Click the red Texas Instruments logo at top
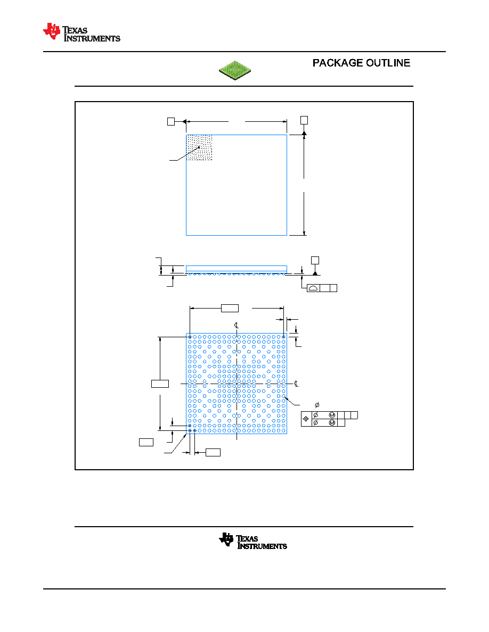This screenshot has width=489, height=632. [x=81, y=32]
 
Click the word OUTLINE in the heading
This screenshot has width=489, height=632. [x=388, y=63]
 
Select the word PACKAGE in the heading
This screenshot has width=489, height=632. [x=338, y=63]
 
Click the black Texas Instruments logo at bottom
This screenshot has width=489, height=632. [x=253, y=541]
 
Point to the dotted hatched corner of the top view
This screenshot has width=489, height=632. [x=199, y=147]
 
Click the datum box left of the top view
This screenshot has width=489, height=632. [x=171, y=121]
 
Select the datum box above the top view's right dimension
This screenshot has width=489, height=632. [x=304, y=120]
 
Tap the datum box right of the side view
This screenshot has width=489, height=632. [x=315, y=260]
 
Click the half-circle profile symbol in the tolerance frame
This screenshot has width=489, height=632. [x=313, y=288]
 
